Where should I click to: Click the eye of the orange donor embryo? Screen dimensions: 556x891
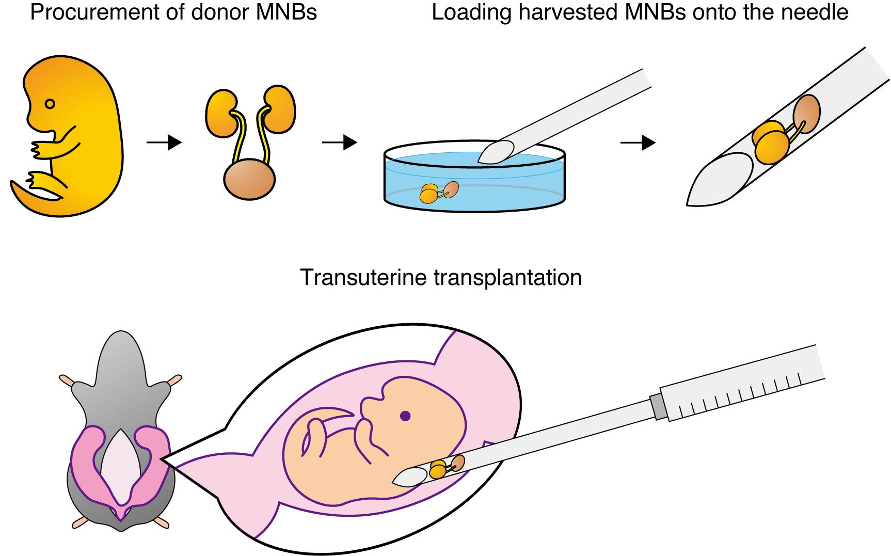point(50,104)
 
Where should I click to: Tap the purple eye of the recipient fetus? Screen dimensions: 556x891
point(405,416)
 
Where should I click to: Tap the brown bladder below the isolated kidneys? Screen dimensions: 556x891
point(249,180)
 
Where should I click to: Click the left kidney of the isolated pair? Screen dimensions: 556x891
point(220,109)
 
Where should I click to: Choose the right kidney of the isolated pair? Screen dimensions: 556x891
point(280,107)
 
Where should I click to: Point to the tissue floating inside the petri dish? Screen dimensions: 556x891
point(438,192)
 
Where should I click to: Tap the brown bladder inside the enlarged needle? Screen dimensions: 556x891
point(806,114)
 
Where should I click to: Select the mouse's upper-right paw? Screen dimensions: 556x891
point(174,380)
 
